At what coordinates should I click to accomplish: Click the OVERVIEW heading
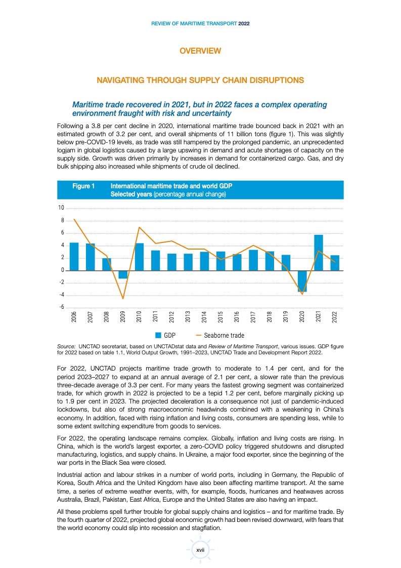coord(201,51)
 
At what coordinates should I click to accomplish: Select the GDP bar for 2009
coord(123,274)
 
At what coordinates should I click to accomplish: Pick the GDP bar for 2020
coord(302,281)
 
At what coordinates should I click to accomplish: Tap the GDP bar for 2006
coord(74,257)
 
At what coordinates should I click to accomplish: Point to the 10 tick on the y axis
coord(61,208)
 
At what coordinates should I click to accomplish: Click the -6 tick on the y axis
coord(61,307)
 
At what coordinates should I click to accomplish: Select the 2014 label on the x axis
coord(204,317)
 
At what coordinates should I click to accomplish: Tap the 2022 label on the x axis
coord(335,317)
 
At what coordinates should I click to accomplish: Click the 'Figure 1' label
coord(83,186)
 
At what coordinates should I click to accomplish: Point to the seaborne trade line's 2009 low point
coord(123,299)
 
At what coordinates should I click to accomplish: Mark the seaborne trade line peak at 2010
coord(139,227)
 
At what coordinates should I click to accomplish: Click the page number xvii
coord(200,550)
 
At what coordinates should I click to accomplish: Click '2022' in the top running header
coord(244,24)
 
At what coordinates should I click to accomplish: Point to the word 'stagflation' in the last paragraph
coord(205,527)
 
